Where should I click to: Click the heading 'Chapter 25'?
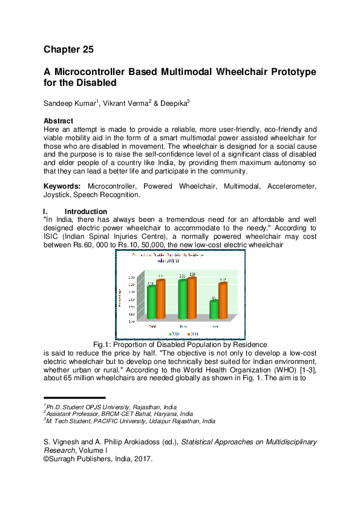68,49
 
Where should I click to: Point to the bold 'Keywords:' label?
64,187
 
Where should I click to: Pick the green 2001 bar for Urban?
214,309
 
